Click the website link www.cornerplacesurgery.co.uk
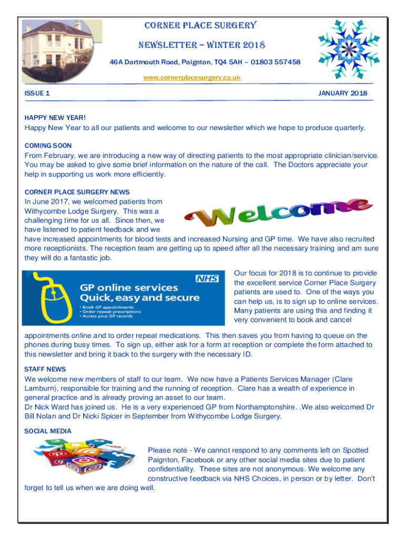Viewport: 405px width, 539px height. coord(192,77)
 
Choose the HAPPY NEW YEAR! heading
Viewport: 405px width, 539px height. coord(55,118)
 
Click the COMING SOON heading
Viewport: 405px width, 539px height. coord(48,145)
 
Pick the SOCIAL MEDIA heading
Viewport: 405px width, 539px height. coord(48,431)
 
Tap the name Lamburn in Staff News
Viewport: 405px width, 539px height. coord(42,388)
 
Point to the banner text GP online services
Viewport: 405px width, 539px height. coord(128,287)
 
